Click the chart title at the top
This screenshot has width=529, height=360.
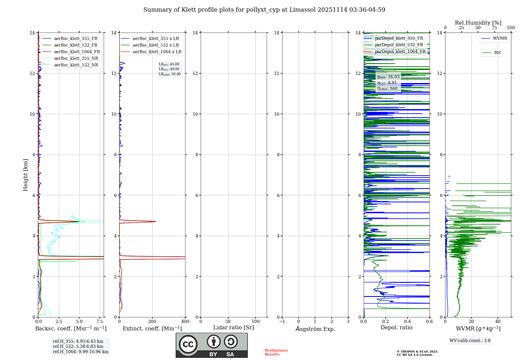tap(264, 10)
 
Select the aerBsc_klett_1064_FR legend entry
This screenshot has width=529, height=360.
tap(77, 52)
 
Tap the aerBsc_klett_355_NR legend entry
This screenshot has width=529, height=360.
tap(76, 58)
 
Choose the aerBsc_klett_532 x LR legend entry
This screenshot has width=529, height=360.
tap(156, 45)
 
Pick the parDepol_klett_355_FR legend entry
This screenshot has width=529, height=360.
tap(399, 38)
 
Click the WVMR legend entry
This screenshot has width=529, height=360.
tap(500, 38)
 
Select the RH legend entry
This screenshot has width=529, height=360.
tap(497, 53)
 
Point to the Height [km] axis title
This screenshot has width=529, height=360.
tap(25, 175)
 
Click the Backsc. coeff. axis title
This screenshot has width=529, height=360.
tap(71, 328)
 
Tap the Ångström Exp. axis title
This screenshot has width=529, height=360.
tap(315, 329)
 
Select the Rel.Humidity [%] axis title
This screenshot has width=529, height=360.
tap(478, 23)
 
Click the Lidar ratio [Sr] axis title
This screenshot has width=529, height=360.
tap(234, 328)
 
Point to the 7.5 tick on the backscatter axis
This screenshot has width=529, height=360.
tap(100, 322)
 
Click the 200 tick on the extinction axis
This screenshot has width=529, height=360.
tap(152, 322)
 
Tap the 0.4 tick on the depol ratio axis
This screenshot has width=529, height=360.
tap(408, 322)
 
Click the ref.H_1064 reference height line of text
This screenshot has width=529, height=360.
tap(81, 352)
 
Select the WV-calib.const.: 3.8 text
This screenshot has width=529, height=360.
tap(470, 341)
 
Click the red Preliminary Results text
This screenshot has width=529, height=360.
tap(276, 352)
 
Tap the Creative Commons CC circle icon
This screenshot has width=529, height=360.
tap(188, 344)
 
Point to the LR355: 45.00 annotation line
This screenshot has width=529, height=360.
tap(169, 64)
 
